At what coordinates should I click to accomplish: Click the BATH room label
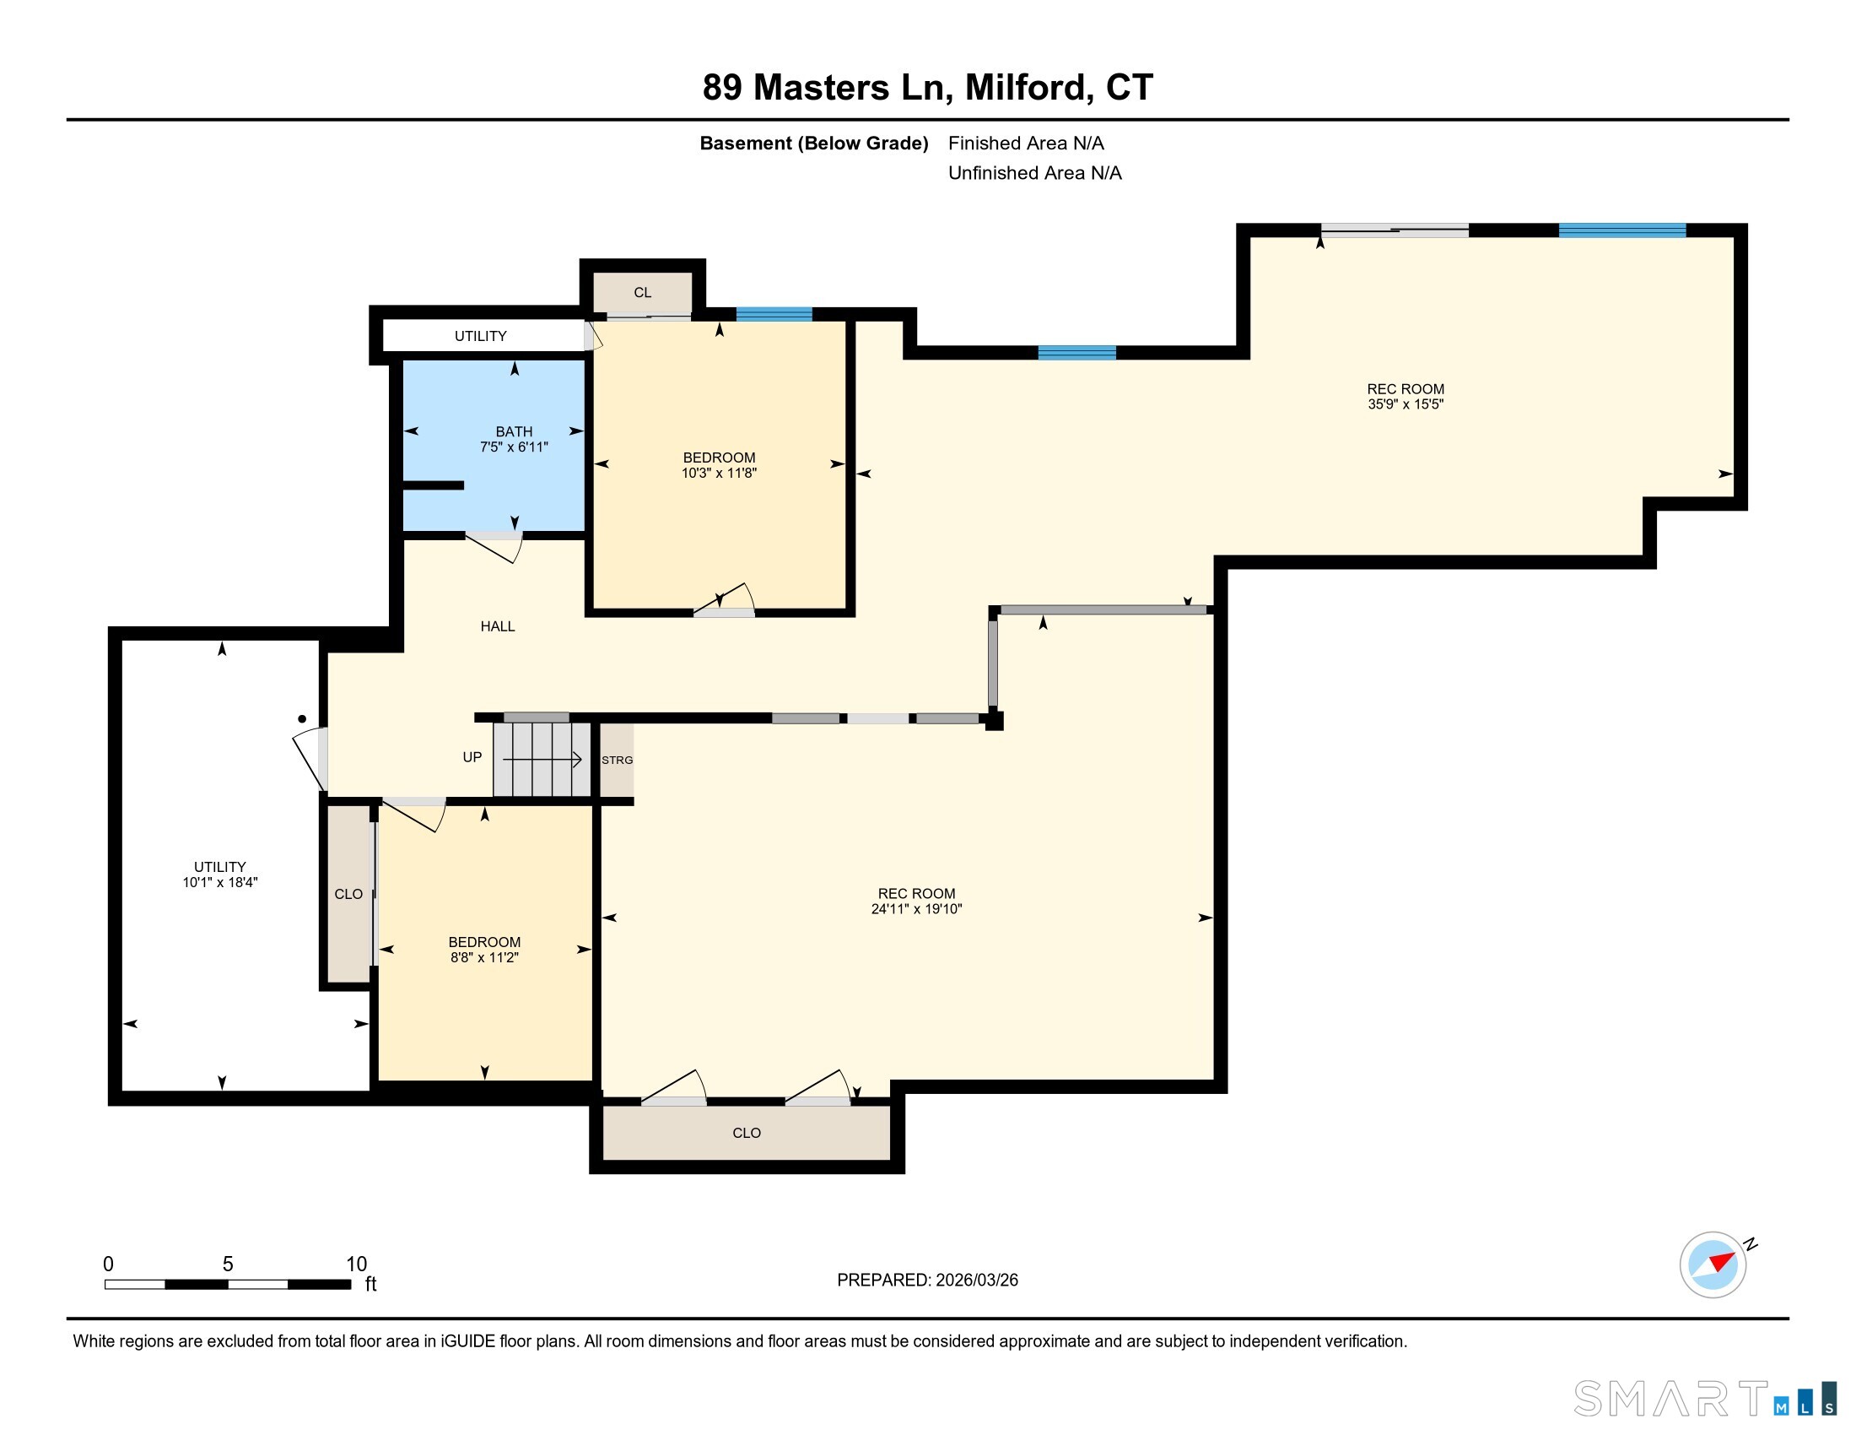514,431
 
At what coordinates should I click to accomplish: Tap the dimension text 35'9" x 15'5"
1405,404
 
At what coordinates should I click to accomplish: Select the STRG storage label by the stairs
617,760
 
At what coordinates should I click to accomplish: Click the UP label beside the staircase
472,756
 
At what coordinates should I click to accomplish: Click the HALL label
497,626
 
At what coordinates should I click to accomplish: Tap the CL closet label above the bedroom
643,292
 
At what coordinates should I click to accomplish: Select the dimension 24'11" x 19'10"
916,909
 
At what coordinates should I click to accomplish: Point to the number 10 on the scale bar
356,1264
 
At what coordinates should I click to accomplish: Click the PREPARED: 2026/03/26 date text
927,1281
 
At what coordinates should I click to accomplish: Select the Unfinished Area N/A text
1034,173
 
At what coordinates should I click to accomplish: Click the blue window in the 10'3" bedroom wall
774,314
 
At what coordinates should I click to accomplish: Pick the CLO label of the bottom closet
746,1132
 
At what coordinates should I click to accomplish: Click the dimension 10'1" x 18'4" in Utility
219,882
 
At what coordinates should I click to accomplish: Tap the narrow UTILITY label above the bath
480,336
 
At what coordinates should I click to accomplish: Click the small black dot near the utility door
302,719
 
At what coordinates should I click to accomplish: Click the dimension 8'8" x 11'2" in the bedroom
484,957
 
